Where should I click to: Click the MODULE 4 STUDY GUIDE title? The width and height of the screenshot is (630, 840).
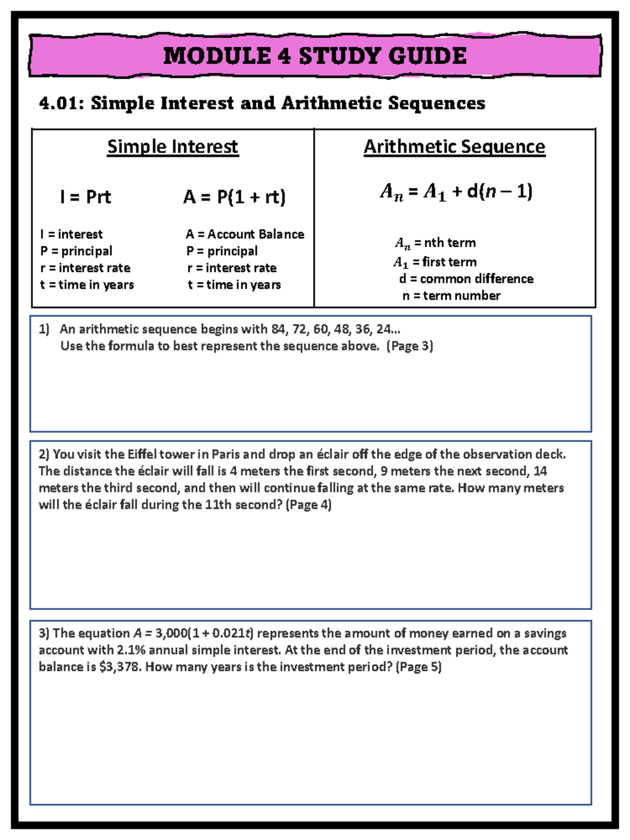(314, 56)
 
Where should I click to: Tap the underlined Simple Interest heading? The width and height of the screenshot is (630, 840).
(173, 146)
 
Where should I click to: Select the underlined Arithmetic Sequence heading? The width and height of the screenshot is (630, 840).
(454, 146)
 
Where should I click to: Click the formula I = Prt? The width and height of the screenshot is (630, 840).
(86, 197)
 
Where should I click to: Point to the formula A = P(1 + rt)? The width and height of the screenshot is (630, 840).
(234, 197)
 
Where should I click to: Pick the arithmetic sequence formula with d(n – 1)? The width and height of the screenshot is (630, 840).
(456, 192)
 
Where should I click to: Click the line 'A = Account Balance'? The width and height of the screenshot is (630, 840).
(245, 234)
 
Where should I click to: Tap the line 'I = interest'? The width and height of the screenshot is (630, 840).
(71, 234)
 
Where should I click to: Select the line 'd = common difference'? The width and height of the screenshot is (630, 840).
(466, 279)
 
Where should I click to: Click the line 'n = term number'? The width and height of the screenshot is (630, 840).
(451, 296)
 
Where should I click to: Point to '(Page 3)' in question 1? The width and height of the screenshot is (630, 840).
(409, 346)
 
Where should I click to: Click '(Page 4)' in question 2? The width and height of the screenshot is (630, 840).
(308, 505)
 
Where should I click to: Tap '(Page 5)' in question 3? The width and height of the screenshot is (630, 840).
(418, 667)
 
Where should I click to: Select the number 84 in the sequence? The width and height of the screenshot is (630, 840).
(278, 329)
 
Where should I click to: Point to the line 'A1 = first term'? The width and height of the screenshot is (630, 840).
(435, 261)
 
